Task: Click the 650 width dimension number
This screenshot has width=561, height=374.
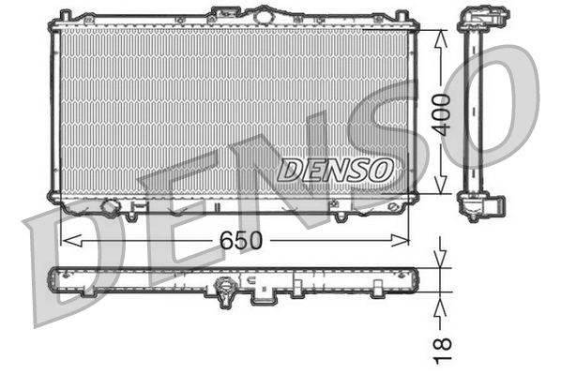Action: (235, 241)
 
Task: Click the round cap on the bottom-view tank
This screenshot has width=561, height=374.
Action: (225, 292)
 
